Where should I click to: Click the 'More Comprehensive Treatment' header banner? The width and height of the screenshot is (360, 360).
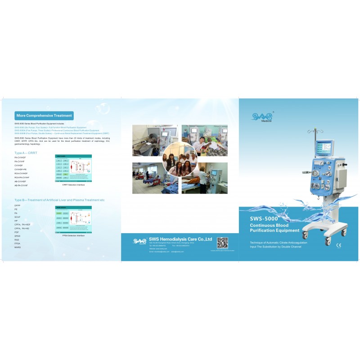(x=44, y=116)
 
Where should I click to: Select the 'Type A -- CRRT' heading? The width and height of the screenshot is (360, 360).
(x=26, y=153)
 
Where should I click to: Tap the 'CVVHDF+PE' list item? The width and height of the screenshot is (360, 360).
(x=22, y=169)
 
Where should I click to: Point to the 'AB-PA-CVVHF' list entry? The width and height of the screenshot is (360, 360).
(x=21, y=185)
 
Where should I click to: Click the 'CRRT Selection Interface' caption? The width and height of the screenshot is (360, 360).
(x=73, y=184)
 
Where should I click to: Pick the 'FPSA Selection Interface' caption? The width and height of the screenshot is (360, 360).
(x=73, y=235)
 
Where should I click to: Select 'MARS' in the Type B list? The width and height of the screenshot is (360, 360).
(x=18, y=247)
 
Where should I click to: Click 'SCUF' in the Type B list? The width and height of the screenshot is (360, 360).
(x=18, y=217)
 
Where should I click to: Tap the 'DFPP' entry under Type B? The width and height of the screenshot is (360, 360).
(x=18, y=205)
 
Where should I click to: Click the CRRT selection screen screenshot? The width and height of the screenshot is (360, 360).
(x=73, y=168)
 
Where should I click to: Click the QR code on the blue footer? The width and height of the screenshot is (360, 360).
(x=222, y=243)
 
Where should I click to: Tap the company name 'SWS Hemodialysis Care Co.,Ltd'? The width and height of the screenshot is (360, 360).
(x=180, y=239)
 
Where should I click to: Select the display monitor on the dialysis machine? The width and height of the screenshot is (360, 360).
(x=323, y=148)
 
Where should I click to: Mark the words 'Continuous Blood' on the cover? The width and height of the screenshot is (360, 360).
(x=269, y=225)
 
